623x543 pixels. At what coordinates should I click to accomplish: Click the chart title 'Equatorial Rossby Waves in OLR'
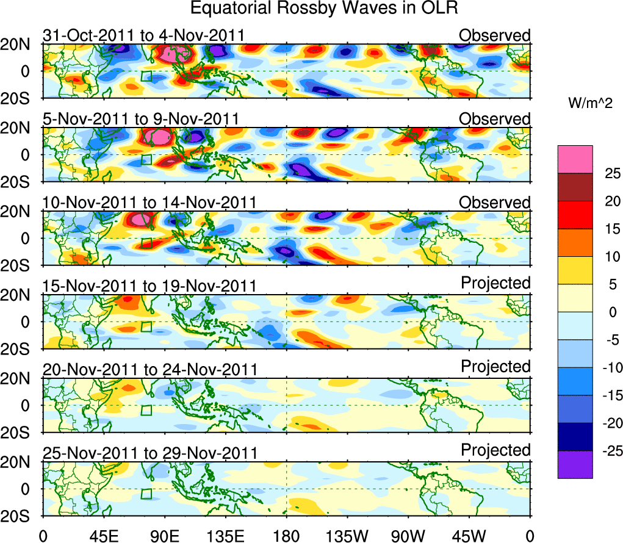[x=323, y=9]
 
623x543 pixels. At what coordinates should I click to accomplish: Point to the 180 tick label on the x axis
[x=286, y=535]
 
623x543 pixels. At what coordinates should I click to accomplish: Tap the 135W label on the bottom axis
[x=347, y=535]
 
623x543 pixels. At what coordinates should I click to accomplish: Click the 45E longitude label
[x=103, y=535]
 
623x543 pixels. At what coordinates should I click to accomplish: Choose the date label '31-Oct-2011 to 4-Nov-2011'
[x=144, y=35]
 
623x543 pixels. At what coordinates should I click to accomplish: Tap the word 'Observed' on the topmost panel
[x=495, y=35]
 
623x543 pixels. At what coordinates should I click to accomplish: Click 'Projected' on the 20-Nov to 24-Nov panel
[x=495, y=367]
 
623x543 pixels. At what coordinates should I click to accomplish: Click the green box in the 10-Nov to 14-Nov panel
[x=146, y=243]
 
